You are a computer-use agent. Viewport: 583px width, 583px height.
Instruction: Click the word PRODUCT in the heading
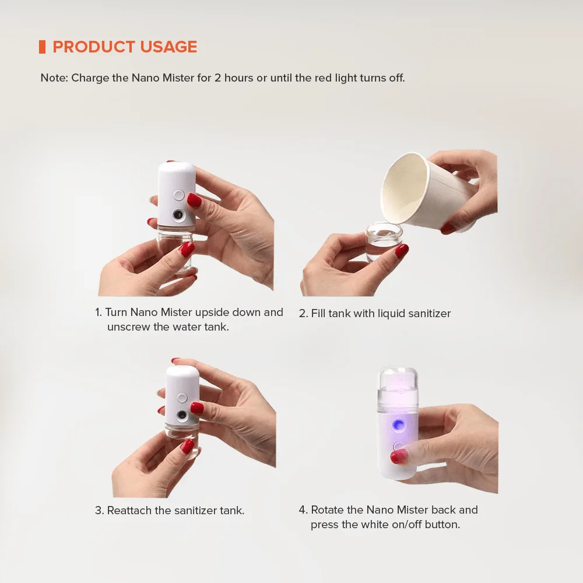[x=94, y=47]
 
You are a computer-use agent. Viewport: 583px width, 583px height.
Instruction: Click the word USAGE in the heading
[x=169, y=47]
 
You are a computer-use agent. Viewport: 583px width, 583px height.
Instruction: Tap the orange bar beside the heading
[x=42, y=47]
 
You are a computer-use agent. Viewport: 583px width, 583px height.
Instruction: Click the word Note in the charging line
[x=54, y=78]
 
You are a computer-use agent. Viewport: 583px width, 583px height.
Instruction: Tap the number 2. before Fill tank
[x=303, y=314]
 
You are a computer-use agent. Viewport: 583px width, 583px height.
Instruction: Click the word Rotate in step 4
[x=327, y=510]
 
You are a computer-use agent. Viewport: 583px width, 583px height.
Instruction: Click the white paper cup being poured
[x=427, y=191]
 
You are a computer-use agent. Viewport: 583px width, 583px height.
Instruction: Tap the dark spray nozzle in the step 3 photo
[x=182, y=415]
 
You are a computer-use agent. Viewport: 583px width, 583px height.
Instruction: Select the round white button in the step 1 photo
[x=179, y=195]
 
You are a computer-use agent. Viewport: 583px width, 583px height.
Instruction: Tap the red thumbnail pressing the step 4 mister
[x=399, y=456]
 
